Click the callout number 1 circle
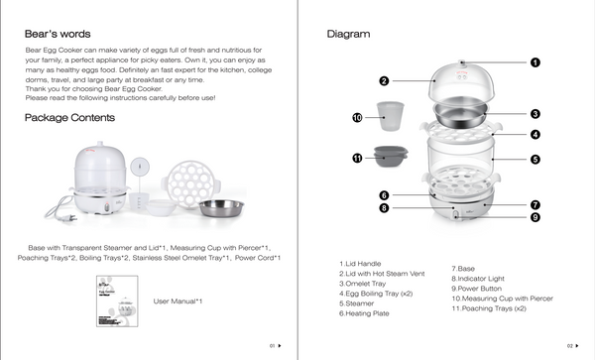(535, 62)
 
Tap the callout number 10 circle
(357, 118)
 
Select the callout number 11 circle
(357, 159)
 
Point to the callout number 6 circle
(384, 195)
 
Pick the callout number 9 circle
(535, 217)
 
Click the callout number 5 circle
(535, 160)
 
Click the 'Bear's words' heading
(58, 34)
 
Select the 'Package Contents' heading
(69, 118)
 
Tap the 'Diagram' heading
(348, 34)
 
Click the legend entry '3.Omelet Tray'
(362, 284)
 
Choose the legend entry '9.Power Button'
(477, 289)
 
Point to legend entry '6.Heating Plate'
(364, 313)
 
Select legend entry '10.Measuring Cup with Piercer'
(503, 299)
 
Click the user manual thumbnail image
(117, 301)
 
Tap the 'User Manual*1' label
(178, 301)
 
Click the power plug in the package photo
(70, 218)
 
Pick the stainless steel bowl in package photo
(221, 208)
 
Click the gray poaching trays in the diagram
(391, 157)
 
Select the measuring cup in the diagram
(390, 116)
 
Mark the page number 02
(570, 346)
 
